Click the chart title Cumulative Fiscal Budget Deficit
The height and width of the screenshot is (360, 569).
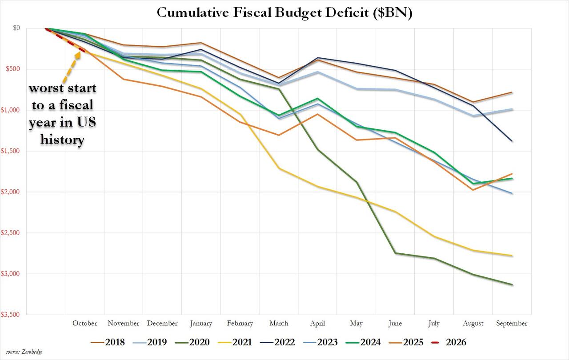pos(284,13)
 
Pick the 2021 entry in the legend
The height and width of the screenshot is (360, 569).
pos(235,342)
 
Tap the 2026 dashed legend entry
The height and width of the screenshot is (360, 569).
pos(449,342)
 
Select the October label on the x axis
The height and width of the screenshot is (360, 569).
pos(84,324)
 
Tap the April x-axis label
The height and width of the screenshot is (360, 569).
pos(317,324)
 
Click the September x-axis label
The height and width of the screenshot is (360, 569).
pos(512,324)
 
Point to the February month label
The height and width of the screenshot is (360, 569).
pos(240,324)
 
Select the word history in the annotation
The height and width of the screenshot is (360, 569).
pos(62,140)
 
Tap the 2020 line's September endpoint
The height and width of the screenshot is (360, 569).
pos(512,284)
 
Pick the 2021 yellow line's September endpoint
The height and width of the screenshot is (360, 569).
pos(512,256)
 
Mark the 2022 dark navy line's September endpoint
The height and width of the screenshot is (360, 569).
pos(512,141)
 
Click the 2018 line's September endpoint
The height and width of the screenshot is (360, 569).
pos(512,92)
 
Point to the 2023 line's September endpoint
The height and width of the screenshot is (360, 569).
pos(512,193)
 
